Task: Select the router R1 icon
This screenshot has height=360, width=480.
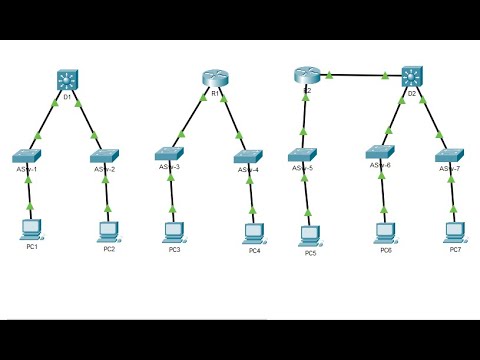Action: [x=215, y=77]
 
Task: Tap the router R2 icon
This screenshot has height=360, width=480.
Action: [x=305, y=73]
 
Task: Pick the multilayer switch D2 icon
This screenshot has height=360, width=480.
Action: [x=412, y=77]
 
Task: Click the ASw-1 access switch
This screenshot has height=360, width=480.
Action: [x=28, y=157]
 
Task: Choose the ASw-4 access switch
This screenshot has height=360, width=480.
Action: [x=249, y=156]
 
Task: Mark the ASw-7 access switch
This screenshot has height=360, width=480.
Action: [x=452, y=157]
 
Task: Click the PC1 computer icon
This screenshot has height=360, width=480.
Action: [x=29, y=230]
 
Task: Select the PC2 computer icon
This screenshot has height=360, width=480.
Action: [x=109, y=230]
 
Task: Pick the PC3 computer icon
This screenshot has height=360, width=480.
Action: [x=174, y=230]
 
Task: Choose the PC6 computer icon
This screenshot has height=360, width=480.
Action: [x=385, y=231]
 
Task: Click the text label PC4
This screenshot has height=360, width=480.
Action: [x=255, y=250]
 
